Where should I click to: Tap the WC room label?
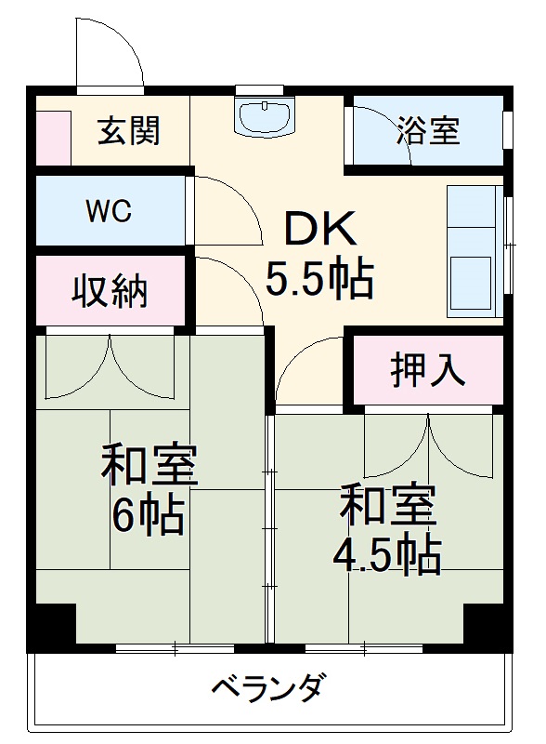(109, 210)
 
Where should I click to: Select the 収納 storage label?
(110, 292)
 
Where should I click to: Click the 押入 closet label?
(427, 370)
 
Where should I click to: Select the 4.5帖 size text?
(386, 554)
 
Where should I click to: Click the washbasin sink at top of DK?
(266, 117)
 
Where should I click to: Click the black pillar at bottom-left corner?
(53, 625)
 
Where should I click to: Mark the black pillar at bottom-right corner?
(486, 625)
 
